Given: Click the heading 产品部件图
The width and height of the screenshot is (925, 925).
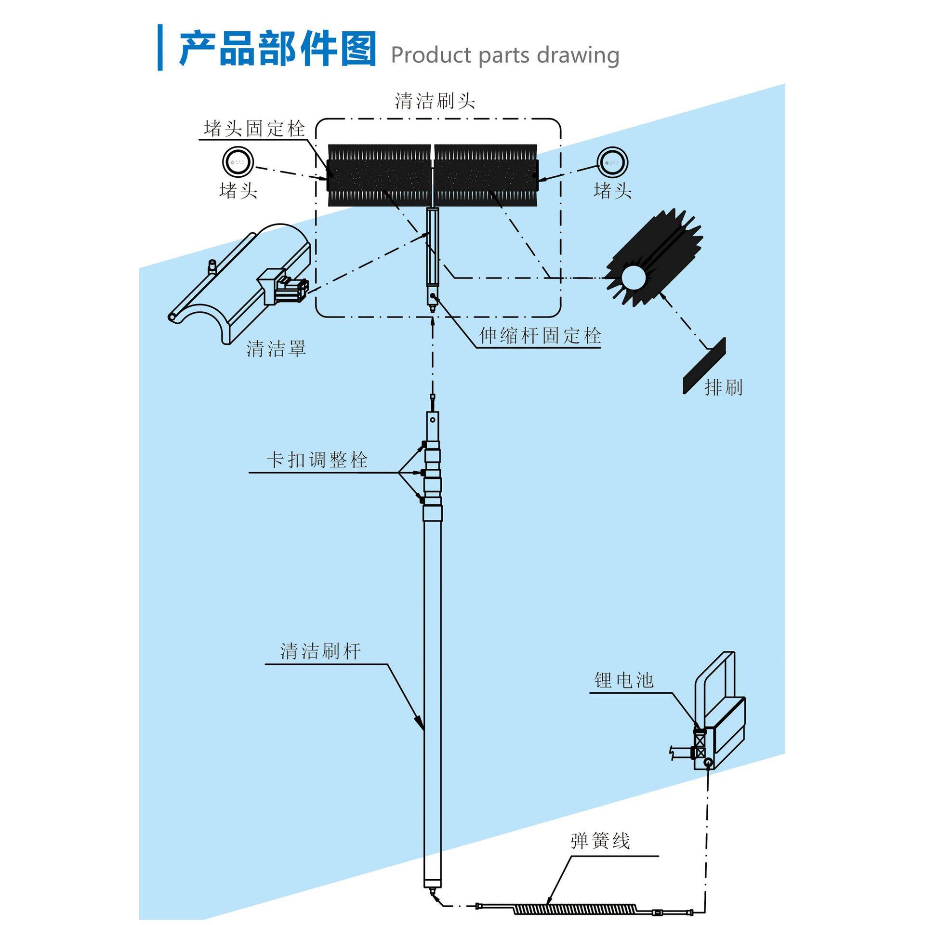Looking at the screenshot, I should (277, 49).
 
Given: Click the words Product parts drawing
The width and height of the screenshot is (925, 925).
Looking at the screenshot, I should (504, 55).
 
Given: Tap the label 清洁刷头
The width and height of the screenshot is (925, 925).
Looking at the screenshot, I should (435, 101).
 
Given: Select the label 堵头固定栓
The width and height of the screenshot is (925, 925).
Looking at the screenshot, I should (254, 129).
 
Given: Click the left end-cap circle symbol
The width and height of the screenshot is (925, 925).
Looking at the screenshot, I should (238, 162).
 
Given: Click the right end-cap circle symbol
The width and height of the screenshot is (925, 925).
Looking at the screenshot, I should (612, 162).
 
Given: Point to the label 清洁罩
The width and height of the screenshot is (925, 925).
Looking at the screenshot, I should (276, 348).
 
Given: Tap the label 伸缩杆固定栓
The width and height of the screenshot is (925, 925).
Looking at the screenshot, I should (540, 336).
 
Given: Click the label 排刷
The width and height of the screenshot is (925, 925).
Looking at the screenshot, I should (723, 387).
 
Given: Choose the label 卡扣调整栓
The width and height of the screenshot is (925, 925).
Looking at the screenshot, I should (317, 460).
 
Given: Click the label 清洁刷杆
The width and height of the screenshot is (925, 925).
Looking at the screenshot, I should (320, 651).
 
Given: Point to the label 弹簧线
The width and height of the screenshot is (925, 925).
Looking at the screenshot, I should (600, 841).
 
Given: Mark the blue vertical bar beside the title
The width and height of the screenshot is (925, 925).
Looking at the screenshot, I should (160, 47).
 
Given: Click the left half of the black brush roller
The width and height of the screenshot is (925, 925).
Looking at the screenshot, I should (379, 175).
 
